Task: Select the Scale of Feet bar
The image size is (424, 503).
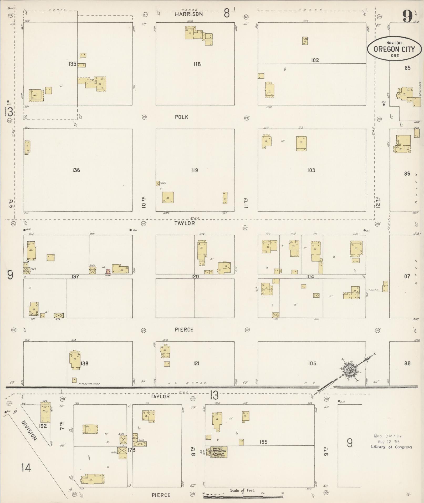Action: (243, 494)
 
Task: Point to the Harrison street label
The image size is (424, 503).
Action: (189, 14)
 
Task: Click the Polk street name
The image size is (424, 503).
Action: (181, 117)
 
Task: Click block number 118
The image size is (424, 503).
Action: (197, 64)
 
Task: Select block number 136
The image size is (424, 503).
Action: (76, 170)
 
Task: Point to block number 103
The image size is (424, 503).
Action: (311, 170)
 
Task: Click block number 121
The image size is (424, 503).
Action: (196, 363)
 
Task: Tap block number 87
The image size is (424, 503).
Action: (407, 276)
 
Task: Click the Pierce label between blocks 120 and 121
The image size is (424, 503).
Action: (184, 329)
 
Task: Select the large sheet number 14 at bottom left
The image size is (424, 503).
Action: (27, 468)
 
